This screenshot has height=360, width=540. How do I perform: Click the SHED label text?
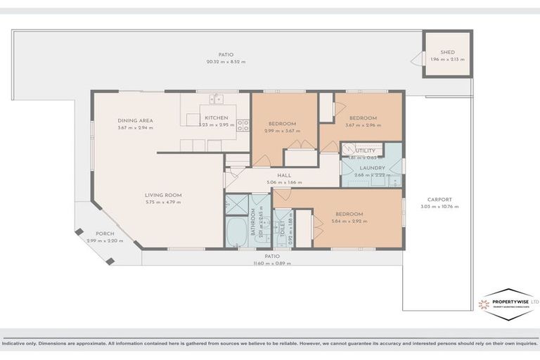click(447, 53)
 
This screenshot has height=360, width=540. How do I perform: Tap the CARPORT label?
click(440, 200)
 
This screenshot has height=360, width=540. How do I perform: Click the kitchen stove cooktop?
click(243, 125)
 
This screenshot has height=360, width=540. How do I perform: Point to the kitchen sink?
click(217, 99)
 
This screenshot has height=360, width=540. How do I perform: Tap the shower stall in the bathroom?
click(236, 205)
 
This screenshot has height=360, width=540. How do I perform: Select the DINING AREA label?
click(135, 120)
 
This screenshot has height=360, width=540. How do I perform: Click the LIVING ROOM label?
click(163, 195)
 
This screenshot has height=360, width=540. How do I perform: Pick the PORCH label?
click(105, 234)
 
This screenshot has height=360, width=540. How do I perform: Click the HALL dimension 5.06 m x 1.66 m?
click(284, 182)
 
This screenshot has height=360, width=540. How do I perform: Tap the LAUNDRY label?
click(372, 167)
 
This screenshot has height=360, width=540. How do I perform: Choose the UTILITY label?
click(365, 150)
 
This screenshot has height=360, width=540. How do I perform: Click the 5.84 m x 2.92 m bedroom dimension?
click(348, 221)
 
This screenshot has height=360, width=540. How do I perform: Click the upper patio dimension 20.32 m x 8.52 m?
click(225, 61)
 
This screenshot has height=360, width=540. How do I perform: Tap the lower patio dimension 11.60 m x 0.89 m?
click(272, 264)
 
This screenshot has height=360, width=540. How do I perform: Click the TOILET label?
click(283, 226)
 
